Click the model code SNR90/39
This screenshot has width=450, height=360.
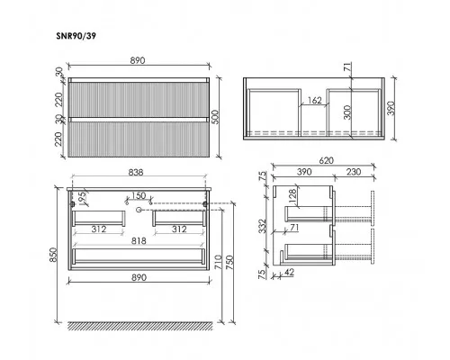tap(76, 36)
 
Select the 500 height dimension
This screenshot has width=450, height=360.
tap(216, 117)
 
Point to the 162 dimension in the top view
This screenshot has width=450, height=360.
tap(315, 100)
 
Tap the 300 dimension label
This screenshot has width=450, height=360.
tap(347, 112)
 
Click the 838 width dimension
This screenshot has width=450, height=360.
tap(136, 173)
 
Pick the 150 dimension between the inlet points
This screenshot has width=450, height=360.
tap(139, 195)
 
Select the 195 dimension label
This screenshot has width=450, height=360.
tap(82, 197)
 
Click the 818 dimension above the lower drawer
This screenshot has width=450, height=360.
tap(139, 241)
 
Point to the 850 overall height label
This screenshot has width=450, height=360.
tap(53, 255)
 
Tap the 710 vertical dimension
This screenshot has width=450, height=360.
tap(219, 262)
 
